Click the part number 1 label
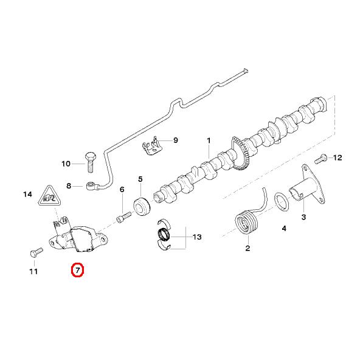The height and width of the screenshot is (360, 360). click(x=209, y=140)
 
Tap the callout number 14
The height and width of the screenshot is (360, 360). click(x=27, y=195)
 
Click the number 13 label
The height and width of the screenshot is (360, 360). click(x=196, y=237)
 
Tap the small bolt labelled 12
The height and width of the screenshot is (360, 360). click(x=320, y=159)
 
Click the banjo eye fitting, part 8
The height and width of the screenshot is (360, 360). click(x=92, y=185)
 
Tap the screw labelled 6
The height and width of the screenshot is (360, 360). click(x=123, y=215)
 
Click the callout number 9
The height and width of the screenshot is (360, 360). click(x=175, y=140)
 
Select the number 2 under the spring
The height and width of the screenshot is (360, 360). click(x=247, y=247)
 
